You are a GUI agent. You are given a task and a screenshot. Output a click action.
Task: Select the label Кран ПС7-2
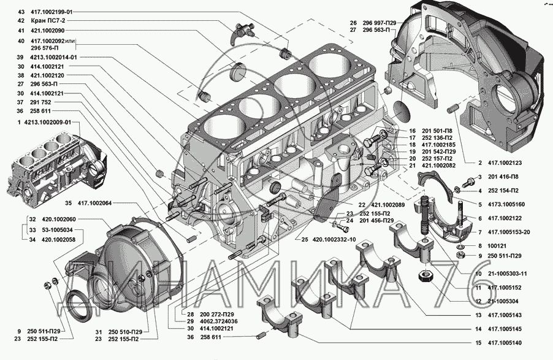coord(47,20)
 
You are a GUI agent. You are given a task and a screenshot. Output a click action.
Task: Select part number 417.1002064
coord(98,202)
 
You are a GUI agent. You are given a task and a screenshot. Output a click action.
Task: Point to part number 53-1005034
coord(52,229)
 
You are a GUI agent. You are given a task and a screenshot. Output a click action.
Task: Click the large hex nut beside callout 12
coord(426,277)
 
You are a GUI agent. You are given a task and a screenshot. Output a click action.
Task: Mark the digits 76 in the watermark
coord(454,281)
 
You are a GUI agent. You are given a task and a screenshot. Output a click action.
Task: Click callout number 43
coord(21,12)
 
